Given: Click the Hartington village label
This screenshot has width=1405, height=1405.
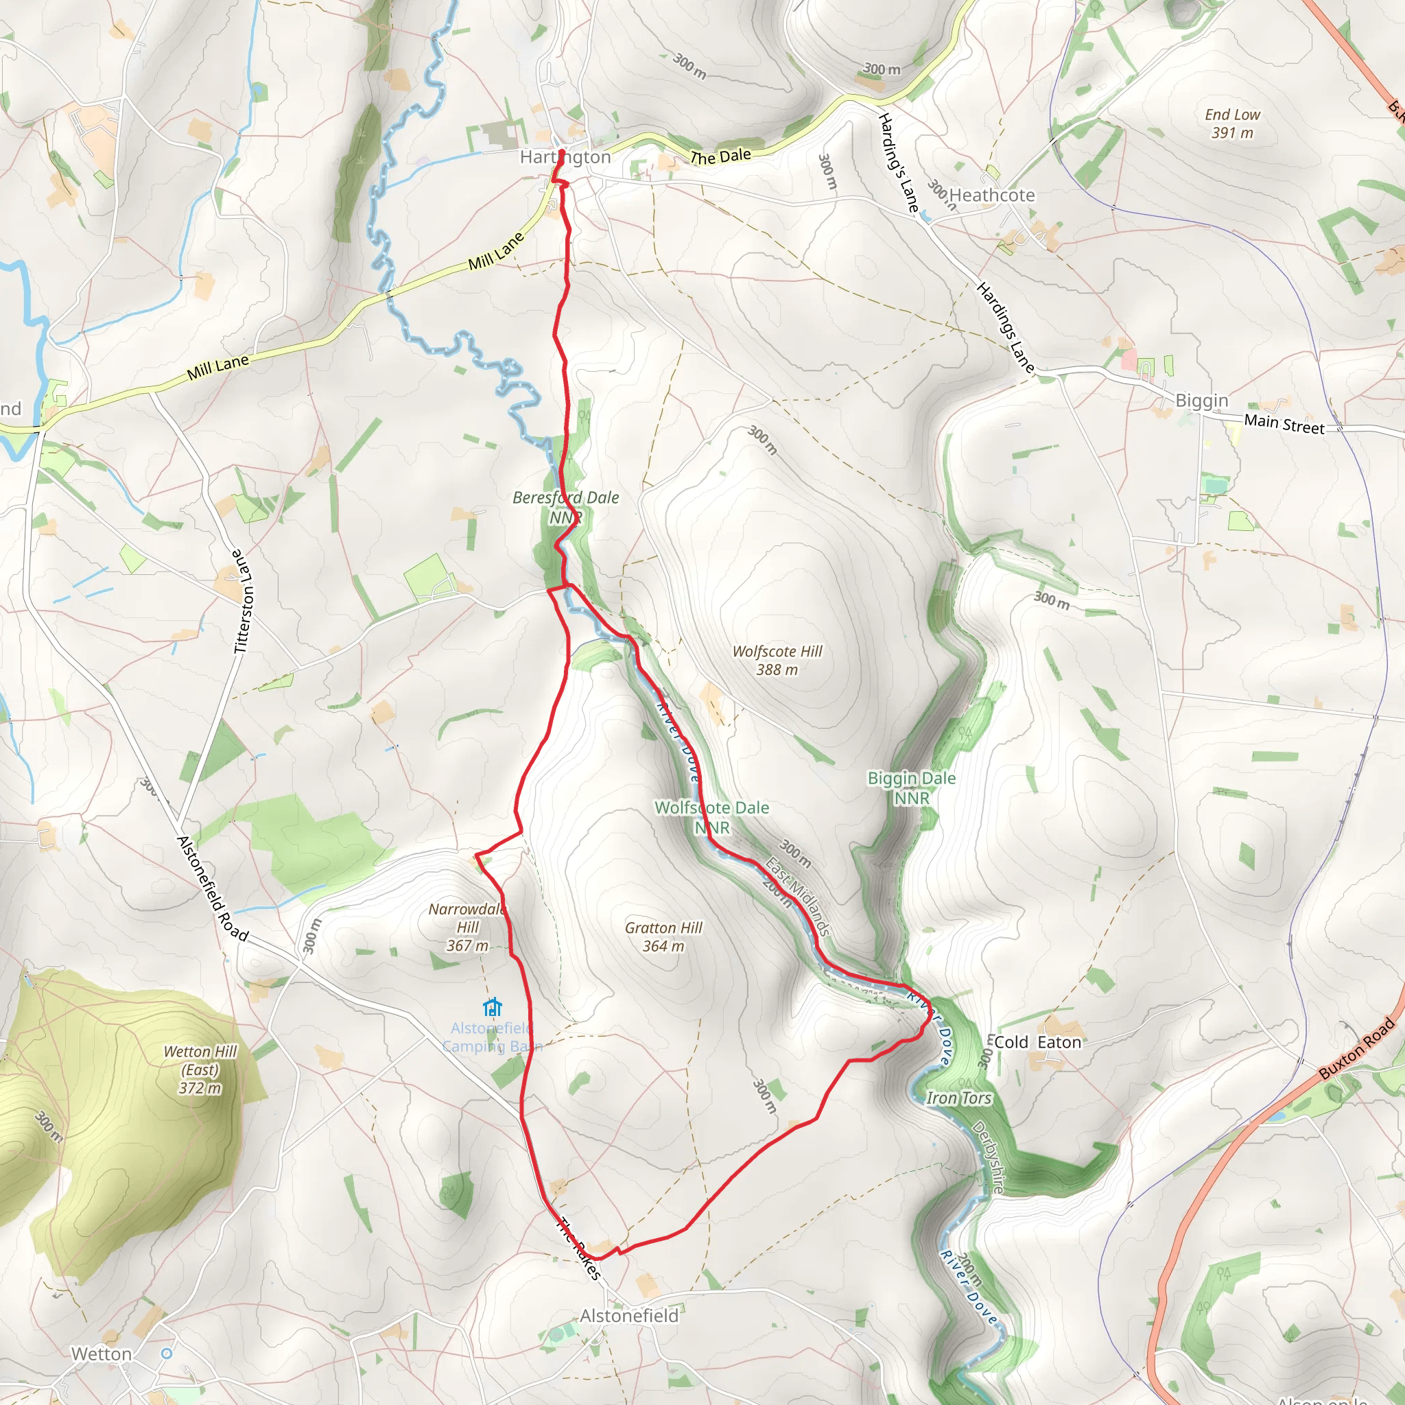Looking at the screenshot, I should pyautogui.click(x=565, y=157).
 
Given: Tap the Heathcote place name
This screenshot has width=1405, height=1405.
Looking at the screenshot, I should pyautogui.click(x=992, y=195).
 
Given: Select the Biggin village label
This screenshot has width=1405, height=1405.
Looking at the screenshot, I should pyautogui.click(x=1201, y=401).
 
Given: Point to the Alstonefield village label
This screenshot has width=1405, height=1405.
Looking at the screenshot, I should pyautogui.click(x=629, y=1316).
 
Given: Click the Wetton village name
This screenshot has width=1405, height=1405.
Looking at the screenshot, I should pyautogui.click(x=102, y=1354).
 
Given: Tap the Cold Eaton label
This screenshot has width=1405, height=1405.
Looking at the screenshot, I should pyautogui.click(x=1037, y=1042).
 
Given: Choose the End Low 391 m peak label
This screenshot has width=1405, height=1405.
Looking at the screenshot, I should pyautogui.click(x=1232, y=123).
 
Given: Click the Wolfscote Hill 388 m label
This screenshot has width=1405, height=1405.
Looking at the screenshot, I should pyautogui.click(x=777, y=661).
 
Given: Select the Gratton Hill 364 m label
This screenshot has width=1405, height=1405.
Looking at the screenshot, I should pyautogui.click(x=663, y=936).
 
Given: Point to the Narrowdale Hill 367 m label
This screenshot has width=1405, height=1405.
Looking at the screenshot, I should pyautogui.click(x=467, y=928).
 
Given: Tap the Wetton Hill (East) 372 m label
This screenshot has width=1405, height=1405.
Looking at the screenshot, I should pyautogui.click(x=200, y=1069).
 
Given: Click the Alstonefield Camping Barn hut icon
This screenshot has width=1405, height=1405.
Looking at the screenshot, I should pyautogui.click(x=493, y=1007).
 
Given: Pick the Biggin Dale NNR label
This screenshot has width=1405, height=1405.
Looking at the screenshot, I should pyautogui.click(x=911, y=788).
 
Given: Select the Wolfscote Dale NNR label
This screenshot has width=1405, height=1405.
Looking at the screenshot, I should pyautogui.click(x=711, y=816).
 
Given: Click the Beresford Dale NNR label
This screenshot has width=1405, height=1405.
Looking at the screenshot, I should pyautogui.click(x=566, y=507).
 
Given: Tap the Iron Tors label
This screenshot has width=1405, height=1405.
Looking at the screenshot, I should pyautogui.click(x=958, y=1098).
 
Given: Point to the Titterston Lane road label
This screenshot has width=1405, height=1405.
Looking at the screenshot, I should pyautogui.click(x=242, y=602).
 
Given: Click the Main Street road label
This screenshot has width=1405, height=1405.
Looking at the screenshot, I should pyautogui.click(x=1284, y=424).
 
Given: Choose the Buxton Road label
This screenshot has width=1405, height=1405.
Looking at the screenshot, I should pyautogui.click(x=1356, y=1048).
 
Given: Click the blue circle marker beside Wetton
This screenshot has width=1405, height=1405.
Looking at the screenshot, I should pyautogui.click(x=167, y=1354).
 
